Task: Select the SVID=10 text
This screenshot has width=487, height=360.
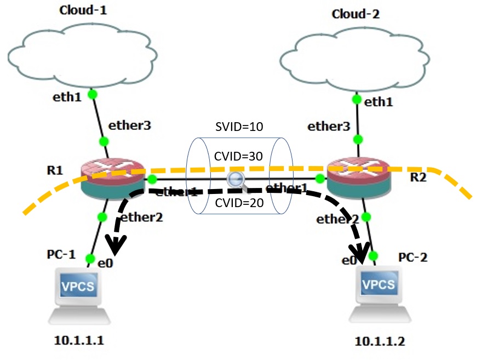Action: (x=239, y=127)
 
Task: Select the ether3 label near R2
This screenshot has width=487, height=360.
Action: (x=328, y=127)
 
